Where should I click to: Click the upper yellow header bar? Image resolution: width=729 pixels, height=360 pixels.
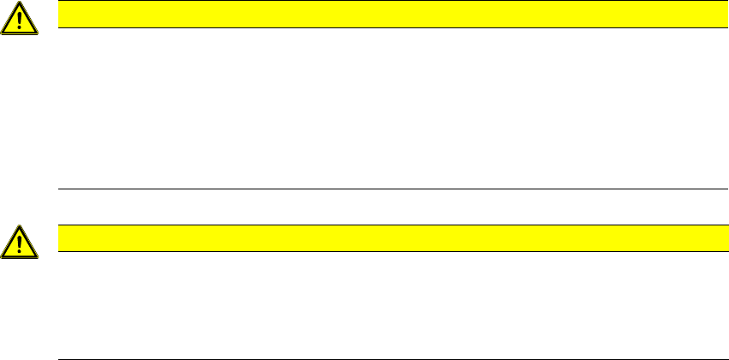pos(386,15)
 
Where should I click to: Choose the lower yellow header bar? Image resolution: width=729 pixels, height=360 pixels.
pos(386,238)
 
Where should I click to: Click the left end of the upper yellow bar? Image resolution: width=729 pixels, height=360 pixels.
pos(59,15)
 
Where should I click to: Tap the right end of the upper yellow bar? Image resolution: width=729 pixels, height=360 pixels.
pos(715,15)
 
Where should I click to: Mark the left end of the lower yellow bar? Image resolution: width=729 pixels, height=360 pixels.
pos(59,238)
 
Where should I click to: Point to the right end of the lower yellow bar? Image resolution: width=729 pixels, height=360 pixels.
pos(715,238)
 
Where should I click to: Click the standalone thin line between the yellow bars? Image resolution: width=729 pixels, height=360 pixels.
pos(386,189)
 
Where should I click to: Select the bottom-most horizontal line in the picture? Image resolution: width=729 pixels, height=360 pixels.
pos(386,358)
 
